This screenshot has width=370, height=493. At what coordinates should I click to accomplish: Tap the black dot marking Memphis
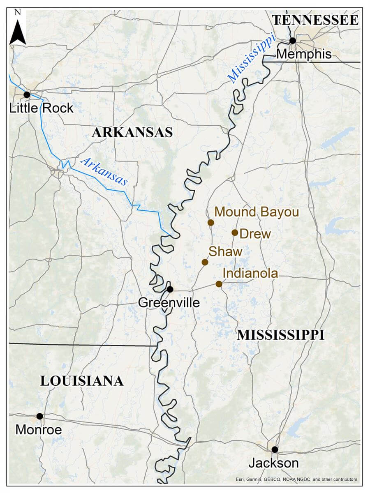tap(292, 41)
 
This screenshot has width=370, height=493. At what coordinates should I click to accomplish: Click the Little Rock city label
tap(41, 108)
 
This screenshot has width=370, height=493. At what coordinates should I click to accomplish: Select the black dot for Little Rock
tap(27, 94)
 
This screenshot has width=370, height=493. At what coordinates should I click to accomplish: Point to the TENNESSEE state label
tap(316, 20)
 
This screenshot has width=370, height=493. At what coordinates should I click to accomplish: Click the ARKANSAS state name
tap(132, 133)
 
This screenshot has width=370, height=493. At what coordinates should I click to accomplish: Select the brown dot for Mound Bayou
tap(211, 223)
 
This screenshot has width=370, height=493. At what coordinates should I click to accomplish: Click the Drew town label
tap(255, 234)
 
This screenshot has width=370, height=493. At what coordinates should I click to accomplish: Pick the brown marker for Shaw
tap(205, 262)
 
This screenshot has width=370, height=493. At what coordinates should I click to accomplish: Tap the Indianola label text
tap(250, 274)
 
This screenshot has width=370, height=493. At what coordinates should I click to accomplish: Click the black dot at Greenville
tap(170, 289)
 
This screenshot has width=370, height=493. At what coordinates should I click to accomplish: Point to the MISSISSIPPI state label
tap(281, 335)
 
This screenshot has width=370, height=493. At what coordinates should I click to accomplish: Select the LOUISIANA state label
tap(82, 381)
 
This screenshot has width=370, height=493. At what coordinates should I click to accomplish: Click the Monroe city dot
tap(39, 416)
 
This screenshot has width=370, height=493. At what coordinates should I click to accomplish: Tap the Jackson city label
tap(273, 463)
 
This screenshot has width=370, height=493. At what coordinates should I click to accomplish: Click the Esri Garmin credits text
tap(296, 479)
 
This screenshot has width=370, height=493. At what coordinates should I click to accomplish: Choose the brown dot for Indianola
tap(219, 284)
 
